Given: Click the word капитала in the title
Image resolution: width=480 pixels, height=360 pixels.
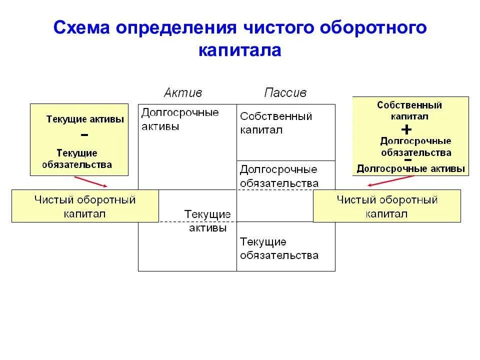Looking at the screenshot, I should click(x=240, y=50).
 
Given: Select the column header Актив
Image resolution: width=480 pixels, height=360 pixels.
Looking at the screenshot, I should click(x=183, y=92).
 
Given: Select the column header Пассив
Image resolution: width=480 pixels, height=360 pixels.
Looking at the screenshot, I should click(x=285, y=92).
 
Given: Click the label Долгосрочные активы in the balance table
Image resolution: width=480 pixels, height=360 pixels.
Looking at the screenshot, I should click(x=180, y=119).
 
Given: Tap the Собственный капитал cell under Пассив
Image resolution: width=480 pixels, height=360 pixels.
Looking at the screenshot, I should click(x=276, y=123).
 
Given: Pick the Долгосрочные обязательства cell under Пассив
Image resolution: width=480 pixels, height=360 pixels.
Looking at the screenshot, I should click(x=279, y=176).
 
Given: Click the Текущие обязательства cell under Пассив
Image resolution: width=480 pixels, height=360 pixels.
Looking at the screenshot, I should click(x=279, y=248).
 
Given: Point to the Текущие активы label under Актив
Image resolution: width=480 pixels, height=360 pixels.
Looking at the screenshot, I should click(x=207, y=220).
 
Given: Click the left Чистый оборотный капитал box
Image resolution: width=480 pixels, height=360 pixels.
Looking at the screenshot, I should click(x=85, y=206).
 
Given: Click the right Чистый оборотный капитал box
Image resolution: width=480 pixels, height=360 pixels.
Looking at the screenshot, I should click(x=386, y=206).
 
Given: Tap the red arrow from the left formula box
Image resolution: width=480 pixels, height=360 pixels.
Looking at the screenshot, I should click(x=91, y=181).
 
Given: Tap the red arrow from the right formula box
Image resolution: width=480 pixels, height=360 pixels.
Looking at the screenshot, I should click(x=390, y=180).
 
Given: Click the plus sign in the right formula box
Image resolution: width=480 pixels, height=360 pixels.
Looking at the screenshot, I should click(x=406, y=129).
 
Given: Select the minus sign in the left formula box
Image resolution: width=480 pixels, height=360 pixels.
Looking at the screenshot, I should click(x=84, y=135).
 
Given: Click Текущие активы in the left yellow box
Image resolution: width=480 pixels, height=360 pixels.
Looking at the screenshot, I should click(x=85, y=119).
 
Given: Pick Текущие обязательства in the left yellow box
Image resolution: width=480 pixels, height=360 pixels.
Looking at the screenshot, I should click(x=77, y=158).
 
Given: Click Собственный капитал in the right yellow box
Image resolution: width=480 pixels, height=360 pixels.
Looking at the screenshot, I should click(x=409, y=110).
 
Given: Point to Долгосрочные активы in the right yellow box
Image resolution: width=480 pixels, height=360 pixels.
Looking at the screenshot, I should click(x=410, y=168).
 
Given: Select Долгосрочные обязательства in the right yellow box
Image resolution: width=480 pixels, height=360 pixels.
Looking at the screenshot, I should click(x=415, y=147).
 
